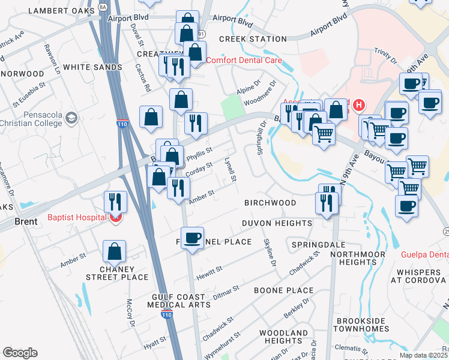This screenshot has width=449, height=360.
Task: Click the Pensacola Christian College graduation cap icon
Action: pyautogui.click(x=72, y=117)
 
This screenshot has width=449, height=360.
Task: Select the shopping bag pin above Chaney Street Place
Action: pyautogui.click(x=114, y=253)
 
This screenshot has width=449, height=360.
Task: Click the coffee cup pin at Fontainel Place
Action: pyautogui.click(x=192, y=238)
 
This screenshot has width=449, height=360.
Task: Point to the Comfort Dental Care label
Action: pyautogui.click(x=244, y=60)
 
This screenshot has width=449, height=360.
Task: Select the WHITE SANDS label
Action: pyautogui.click(x=92, y=67)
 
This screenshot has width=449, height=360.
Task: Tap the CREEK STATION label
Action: pyautogui.click(x=253, y=39)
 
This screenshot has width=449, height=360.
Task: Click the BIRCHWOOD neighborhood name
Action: pyautogui.click(x=270, y=203)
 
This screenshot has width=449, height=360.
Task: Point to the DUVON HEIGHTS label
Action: pyautogui.click(x=277, y=223)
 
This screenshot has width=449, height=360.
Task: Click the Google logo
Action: pyautogui.click(x=20, y=353)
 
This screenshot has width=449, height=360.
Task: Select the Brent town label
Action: pyautogui.click(x=26, y=221)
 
